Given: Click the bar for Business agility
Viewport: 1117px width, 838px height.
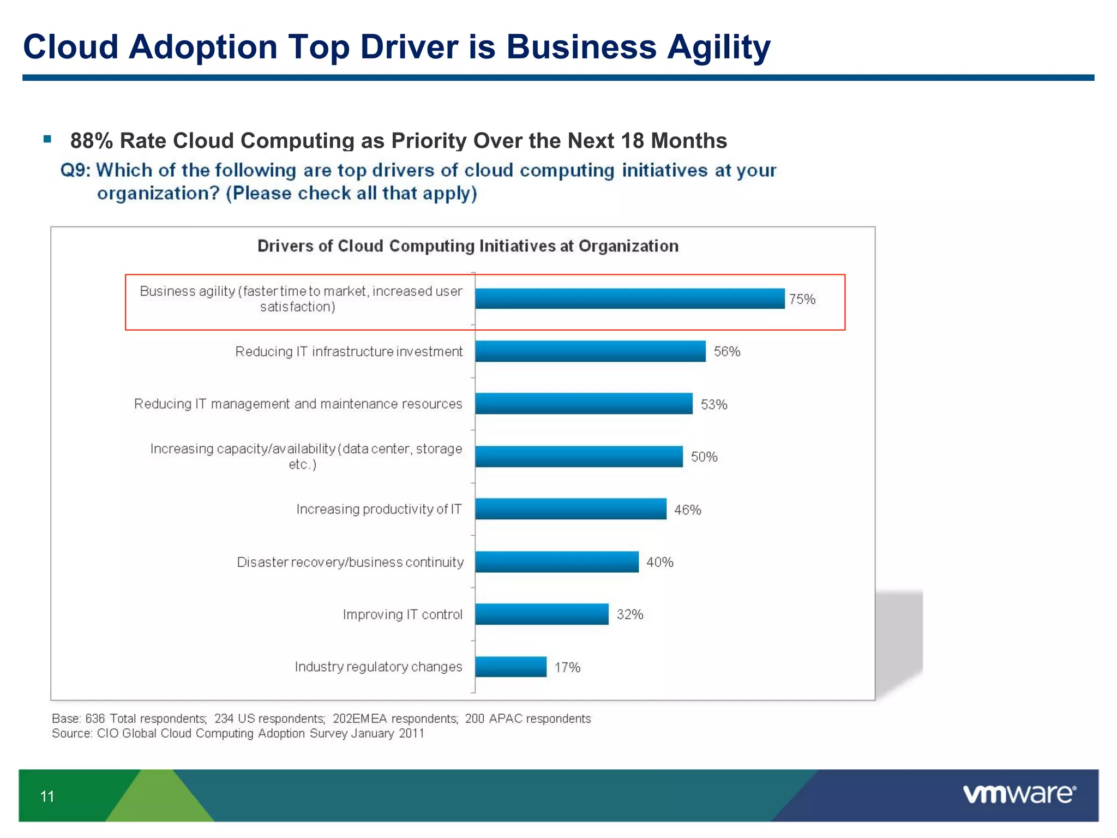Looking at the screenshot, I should [x=629, y=298].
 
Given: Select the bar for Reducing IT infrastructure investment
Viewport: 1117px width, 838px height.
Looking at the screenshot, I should [x=590, y=351].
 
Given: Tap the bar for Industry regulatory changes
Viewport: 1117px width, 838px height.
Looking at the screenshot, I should [x=511, y=667].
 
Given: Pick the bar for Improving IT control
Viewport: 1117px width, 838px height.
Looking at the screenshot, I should [x=542, y=614].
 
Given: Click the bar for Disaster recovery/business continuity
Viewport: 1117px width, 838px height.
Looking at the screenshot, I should [x=556, y=562].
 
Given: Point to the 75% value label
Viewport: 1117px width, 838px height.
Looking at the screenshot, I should [x=802, y=299].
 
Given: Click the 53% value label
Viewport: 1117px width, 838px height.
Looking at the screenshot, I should [x=714, y=404].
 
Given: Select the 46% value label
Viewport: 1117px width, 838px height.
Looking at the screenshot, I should [x=687, y=510].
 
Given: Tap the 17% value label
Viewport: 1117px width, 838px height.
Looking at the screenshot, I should [x=567, y=667].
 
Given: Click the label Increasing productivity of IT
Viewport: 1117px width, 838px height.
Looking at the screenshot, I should [x=379, y=509].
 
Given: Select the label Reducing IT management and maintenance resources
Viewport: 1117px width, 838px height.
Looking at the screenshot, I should [x=298, y=404].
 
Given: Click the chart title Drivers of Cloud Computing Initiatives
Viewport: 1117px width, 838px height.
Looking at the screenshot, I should [x=468, y=246].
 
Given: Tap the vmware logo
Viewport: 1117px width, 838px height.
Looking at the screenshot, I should [x=1019, y=794].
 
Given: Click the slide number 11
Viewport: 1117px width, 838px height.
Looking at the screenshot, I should [x=47, y=797].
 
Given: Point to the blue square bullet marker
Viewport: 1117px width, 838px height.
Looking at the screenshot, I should [x=47, y=139].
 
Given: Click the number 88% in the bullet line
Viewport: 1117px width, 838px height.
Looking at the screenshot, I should [x=91, y=141].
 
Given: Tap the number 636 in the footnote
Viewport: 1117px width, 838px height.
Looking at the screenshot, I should [x=95, y=719].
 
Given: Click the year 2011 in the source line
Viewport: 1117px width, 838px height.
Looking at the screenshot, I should [x=411, y=733].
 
